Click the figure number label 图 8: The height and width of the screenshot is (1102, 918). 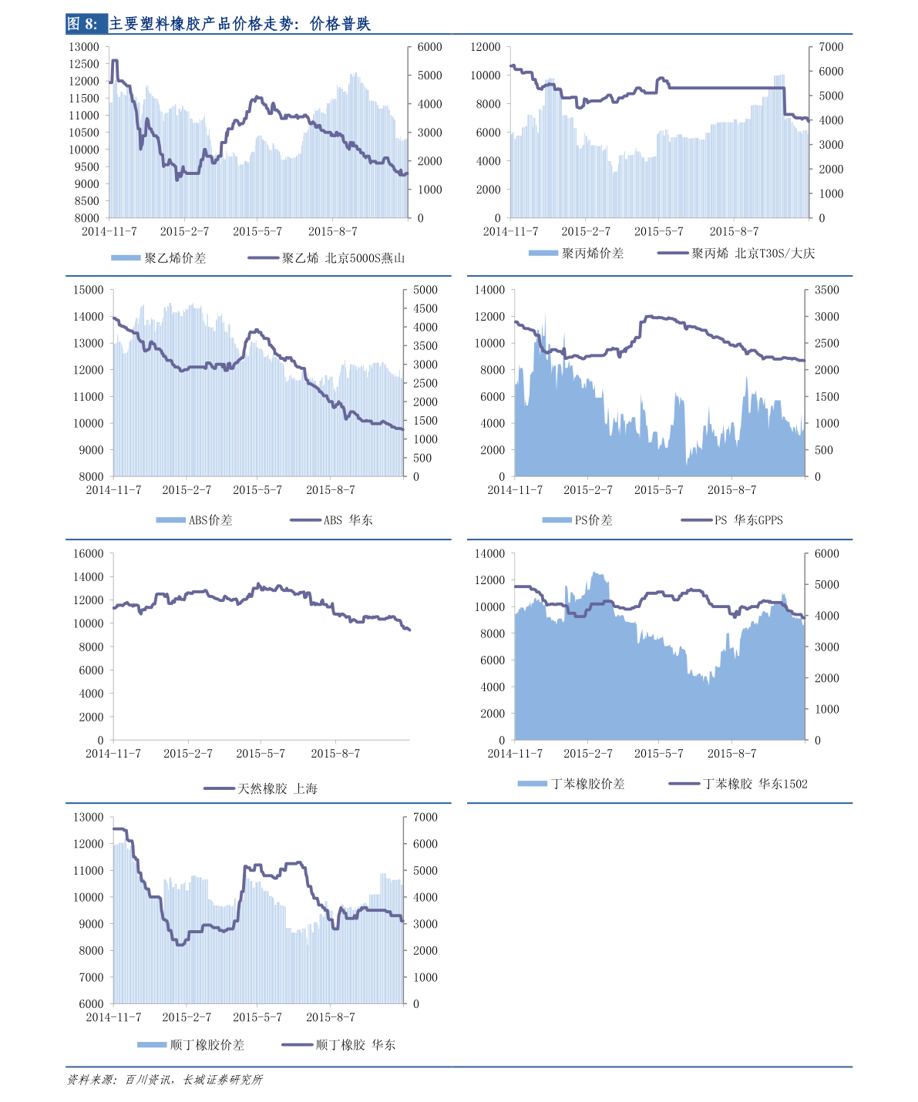[83, 24]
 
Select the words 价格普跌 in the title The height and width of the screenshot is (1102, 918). [340, 24]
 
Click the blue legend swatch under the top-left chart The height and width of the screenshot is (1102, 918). [126, 257]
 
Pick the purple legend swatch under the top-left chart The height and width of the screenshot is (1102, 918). [264, 257]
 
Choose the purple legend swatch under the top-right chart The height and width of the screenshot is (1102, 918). [673, 253]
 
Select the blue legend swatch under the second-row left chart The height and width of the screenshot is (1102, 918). [170, 520]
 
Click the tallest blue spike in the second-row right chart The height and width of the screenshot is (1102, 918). [545, 316]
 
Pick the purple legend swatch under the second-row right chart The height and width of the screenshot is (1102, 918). [697, 520]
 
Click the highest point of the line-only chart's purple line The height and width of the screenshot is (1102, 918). [258, 584]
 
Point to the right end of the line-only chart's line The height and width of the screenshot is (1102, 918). [409, 630]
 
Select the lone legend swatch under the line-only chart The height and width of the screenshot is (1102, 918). [219, 788]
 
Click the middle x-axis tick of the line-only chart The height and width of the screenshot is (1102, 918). [261, 741]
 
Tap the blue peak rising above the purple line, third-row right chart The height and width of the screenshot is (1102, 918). [595, 574]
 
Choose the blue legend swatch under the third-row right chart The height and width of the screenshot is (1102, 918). [533, 784]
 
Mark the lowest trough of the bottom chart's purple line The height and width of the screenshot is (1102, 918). [180, 944]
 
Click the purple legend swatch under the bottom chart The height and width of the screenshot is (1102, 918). [298, 1045]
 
